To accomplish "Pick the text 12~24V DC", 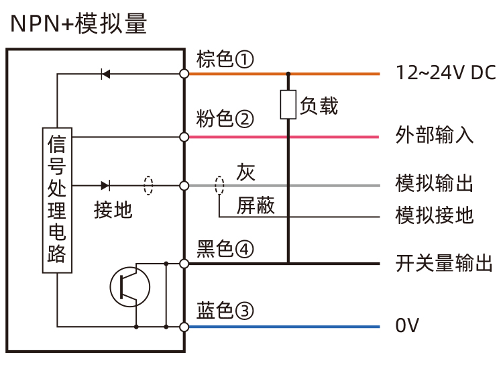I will click(x=446, y=73).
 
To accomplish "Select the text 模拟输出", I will click(x=435, y=183).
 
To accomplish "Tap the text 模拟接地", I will click(x=435, y=215).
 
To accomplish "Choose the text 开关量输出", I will click(x=444, y=264).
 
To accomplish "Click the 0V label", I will click(x=407, y=327).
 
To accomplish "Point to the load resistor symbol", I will click(x=288, y=105).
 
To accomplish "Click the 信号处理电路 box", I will click(x=57, y=200).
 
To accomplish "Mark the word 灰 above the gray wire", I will click(x=245, y=172).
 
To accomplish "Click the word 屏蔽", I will click(x=256, y=206).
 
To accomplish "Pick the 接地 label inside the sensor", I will click(x=113, y=210).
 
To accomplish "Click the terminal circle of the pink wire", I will click(x=184, y=137).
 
